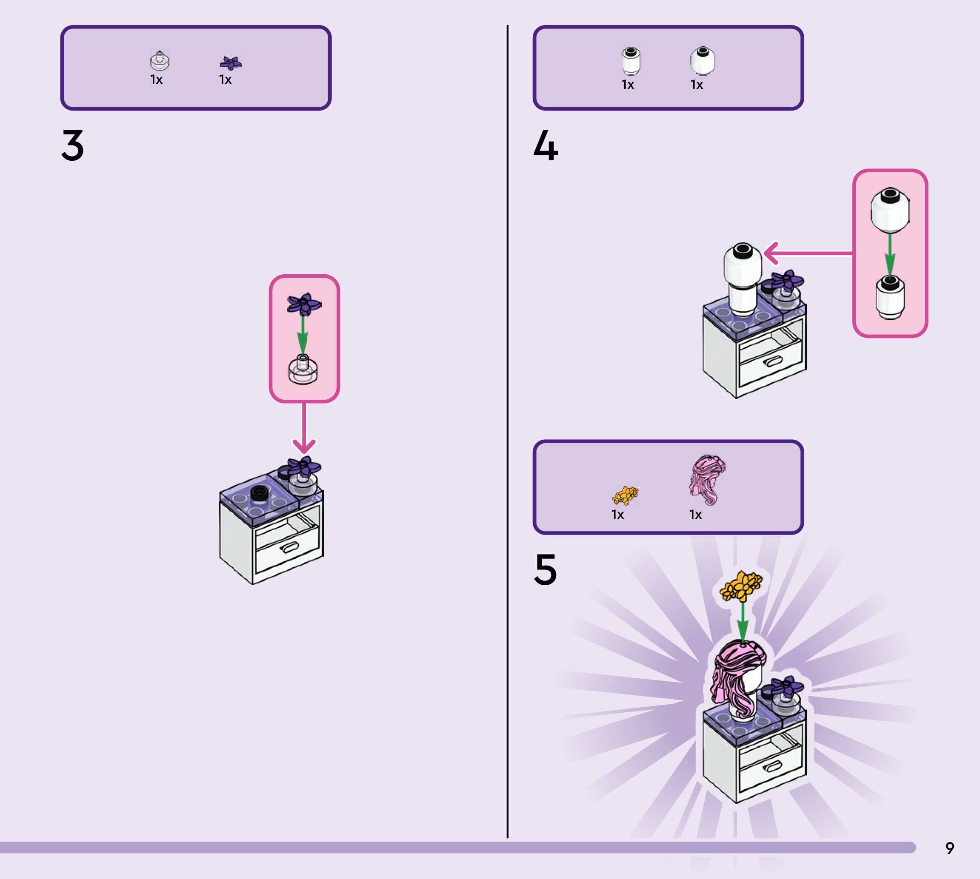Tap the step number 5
[546, 569]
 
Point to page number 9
[949, 848]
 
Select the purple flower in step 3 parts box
[231, 63]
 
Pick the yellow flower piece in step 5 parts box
[625, 495]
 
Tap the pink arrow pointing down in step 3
[304, 430]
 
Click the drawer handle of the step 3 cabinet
[289, 548]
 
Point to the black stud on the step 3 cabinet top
[260, 492]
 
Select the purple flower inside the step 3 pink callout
[304, 304]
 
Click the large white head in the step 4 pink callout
[890, 210]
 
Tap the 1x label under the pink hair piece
[695, 515]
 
